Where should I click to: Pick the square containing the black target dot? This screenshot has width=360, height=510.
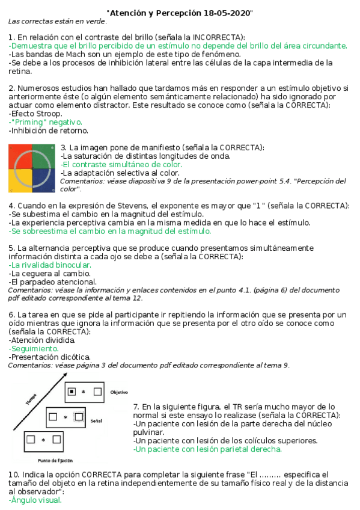click(x=72, y=392)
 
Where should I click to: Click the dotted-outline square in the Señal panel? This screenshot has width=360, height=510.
click(x=78, y=416)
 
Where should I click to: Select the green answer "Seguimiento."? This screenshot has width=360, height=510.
click(x=34, y=348)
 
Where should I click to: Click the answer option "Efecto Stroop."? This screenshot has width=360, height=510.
click(x=35, y=113)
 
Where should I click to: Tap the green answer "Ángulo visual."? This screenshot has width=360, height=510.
click(x=35, y=500)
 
